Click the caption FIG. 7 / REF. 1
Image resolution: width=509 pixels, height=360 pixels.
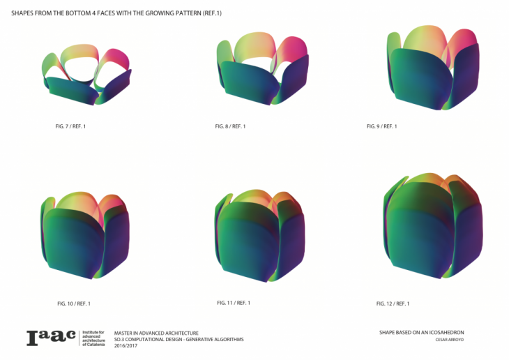tap(70, 126)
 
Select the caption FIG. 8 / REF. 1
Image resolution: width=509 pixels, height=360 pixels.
tap(230, 126)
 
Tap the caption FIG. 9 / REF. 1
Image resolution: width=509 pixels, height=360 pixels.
tap(382, 126)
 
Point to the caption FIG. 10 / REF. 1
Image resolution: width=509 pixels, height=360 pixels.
tap(74, 303)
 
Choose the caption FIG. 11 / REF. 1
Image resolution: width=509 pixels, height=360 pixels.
tap(234, 303)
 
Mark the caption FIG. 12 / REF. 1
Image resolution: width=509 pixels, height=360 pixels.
tap(393, 303)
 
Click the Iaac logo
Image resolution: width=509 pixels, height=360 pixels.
tap(51, 338)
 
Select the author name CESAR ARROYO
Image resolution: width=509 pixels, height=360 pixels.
tap(450, 340)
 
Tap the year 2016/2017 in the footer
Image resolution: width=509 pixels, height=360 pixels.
tap(126, 346)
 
